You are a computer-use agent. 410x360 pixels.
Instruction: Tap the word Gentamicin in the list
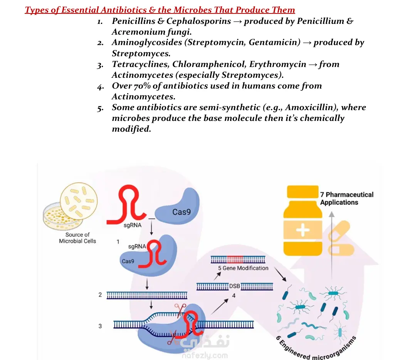(274, 42)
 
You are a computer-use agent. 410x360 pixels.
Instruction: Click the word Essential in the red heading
(80, 10)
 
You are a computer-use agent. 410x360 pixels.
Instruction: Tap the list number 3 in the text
(100, 65)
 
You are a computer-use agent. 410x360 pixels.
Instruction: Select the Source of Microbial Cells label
(77, 238)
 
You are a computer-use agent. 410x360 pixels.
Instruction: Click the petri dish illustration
(62, 216)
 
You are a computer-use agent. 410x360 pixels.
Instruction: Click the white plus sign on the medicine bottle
(303, 230)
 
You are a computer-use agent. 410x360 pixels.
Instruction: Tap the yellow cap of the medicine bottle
(302, 191)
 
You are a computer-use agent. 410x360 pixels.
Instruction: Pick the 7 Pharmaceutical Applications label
(347, 199)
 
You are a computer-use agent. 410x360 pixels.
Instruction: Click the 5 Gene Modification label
(243, 268)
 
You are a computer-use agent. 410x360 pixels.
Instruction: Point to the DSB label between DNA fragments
(235, 286)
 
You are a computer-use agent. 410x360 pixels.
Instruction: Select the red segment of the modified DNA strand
(235, 260)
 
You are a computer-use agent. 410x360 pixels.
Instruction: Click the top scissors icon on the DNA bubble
(180, 309)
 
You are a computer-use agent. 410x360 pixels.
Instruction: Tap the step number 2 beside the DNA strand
(100, 295)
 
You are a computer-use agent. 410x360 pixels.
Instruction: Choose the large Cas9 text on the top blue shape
(181, 212)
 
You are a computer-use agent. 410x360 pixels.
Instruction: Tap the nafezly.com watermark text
(205, 355)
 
